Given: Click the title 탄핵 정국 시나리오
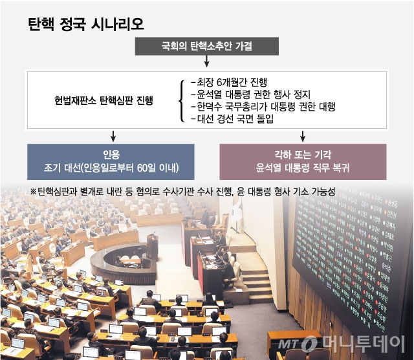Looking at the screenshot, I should point(86,25).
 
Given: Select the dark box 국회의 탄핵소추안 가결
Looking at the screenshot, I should point(207,46).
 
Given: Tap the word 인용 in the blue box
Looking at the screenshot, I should point(112,155).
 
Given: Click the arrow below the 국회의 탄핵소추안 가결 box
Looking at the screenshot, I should point(207,62).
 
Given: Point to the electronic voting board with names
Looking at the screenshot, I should point(353,259).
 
